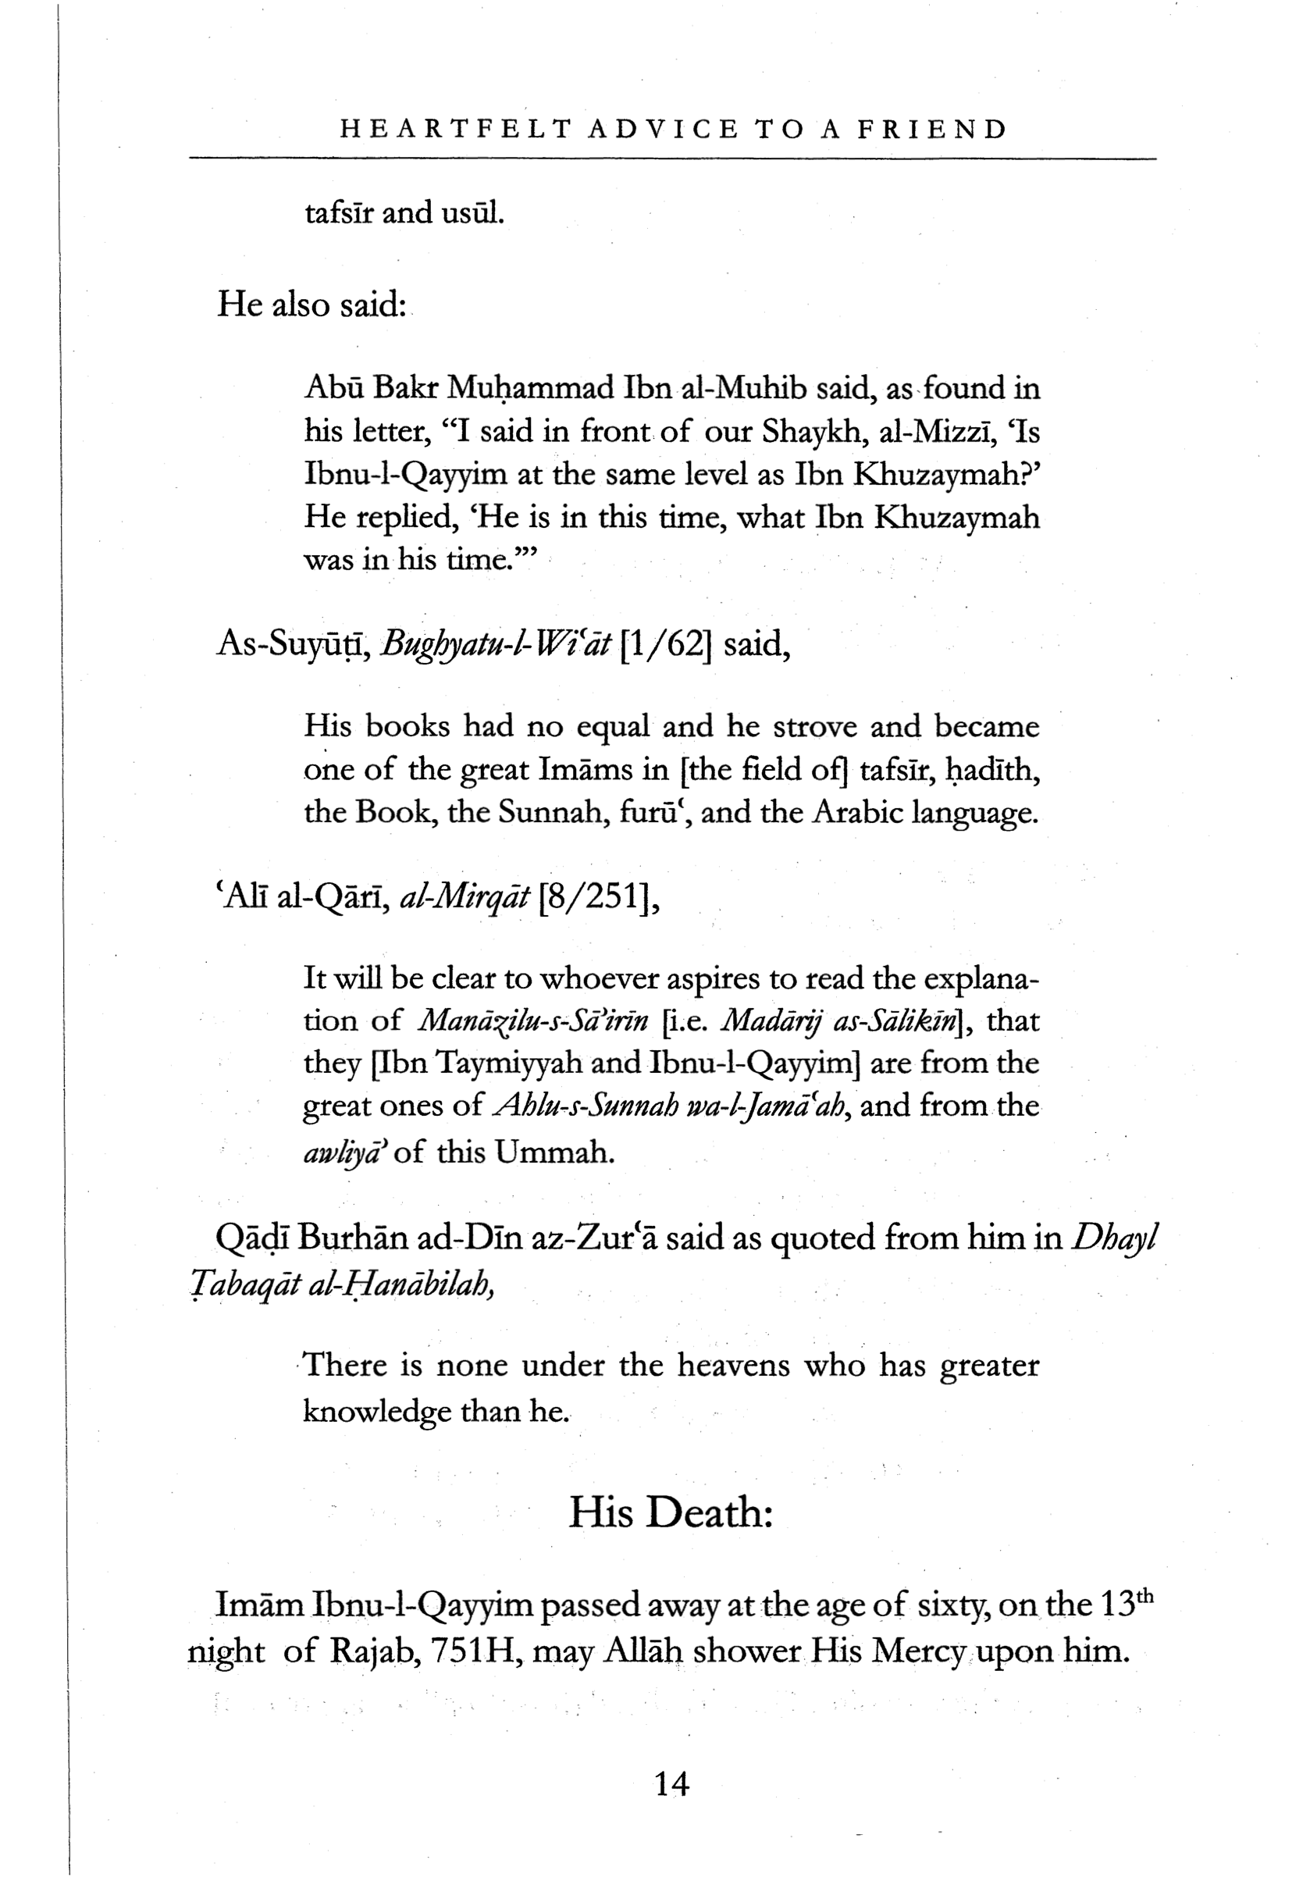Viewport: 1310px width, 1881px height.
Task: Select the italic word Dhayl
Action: tap(1113, 1238)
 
